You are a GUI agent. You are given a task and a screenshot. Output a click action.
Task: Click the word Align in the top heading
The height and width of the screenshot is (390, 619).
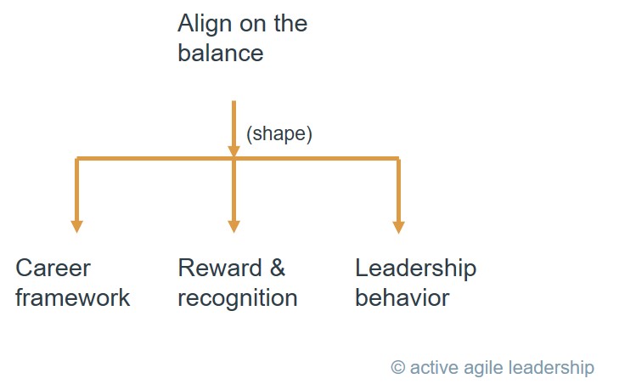[x=205, y=25]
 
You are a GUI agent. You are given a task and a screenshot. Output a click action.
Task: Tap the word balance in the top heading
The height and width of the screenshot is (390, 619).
[x=220, y=53]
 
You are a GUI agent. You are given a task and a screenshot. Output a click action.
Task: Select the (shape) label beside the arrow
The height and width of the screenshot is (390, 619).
[x=279, y=134]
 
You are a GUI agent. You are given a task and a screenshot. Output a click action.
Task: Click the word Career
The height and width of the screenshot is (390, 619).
[x=53, y=268]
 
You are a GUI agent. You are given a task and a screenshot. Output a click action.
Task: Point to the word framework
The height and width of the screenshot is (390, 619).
[x=73, y=297]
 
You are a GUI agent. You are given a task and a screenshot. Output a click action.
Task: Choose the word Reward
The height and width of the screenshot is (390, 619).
[x=220, y=268]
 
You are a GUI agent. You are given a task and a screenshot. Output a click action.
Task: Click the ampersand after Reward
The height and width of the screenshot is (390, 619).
[x=278, y=268]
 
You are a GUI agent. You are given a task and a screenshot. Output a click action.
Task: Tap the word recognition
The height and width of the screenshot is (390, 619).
[x=238, y=298]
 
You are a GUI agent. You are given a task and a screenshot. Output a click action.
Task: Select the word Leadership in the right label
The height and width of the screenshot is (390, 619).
[x=416, y=268]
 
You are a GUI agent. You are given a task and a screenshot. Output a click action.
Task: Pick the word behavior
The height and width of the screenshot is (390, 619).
[x=402, y=297]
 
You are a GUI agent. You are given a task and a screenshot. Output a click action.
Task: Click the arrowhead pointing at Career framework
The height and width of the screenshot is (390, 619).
[x=76, y=227]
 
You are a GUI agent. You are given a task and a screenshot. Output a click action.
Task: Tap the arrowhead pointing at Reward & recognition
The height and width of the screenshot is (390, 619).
[x=234, y=227]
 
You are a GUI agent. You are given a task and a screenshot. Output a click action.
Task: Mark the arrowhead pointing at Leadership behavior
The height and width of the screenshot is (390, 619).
[x=399, y=227]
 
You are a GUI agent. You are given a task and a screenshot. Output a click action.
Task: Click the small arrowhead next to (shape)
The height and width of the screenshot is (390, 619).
[x=234, y=151]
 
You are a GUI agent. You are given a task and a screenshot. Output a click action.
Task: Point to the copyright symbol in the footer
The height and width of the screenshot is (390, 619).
[x=398, y=367]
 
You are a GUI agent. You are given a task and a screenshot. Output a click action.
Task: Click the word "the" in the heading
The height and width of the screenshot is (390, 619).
[x=290, y=24]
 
